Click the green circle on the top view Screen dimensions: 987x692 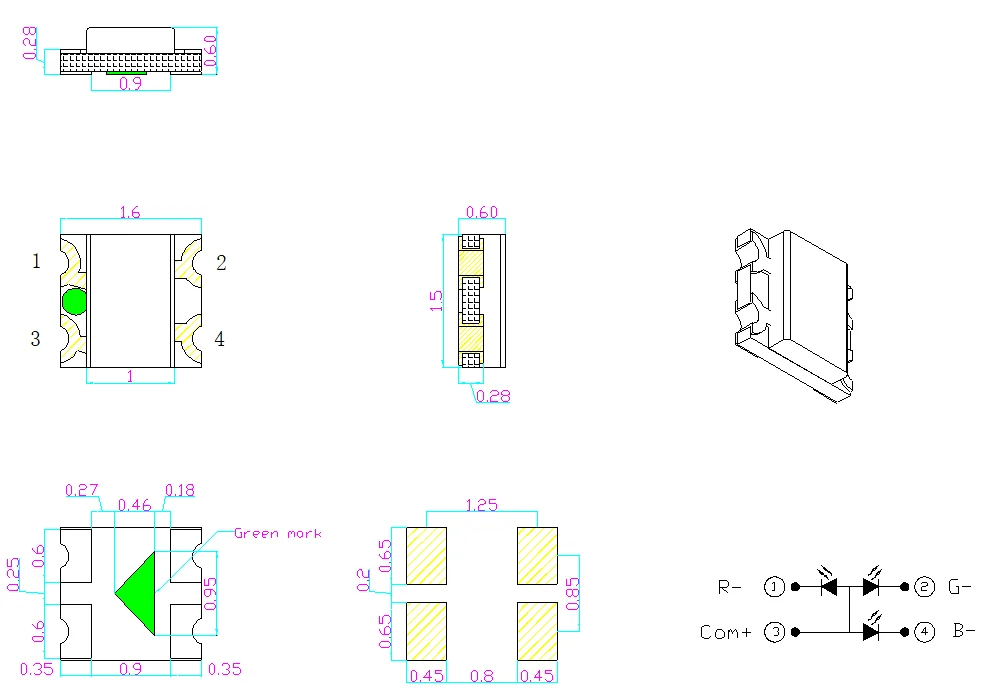pyautogui.click(x=74, y=302)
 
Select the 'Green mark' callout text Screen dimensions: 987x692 pyautogui.click(x=278, y=533)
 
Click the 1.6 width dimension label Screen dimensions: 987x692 pyautogui.click(x=130, y=212)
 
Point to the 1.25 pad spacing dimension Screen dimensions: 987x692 pyautogui.click(x=482, y=505)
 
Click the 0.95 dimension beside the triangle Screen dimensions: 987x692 pyautogui.click(x=210, y=594)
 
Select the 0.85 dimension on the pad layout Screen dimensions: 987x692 pyautogui.click(x=572, y=594)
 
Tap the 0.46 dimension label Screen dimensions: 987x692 pyautogui.click(x=135, y=505)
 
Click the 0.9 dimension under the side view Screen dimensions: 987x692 pyautogui.click(x=130, y=84)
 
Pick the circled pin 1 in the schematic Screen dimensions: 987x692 pyautogui.click(x=774, y=587)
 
